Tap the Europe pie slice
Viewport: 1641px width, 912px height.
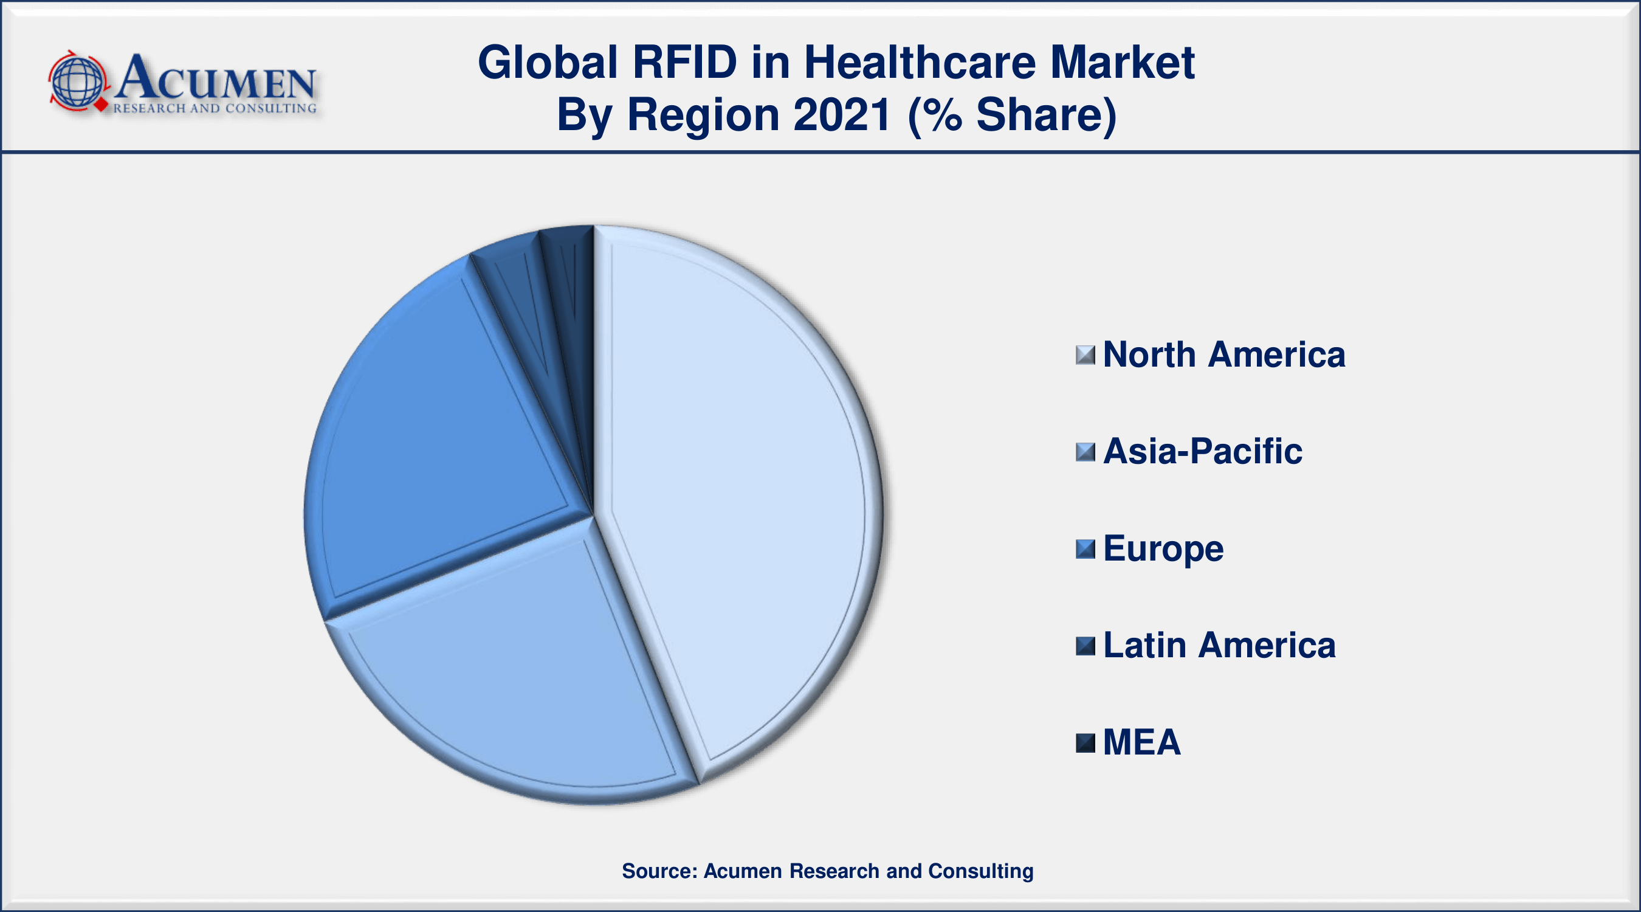(x=439, y=440)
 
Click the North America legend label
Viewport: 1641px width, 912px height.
(x=1223, y=354)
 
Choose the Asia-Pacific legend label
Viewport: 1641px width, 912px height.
(x=1202, y=451)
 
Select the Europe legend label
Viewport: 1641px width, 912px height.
(x=1163, y=549)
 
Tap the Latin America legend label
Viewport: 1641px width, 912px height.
(x=1219, y=645)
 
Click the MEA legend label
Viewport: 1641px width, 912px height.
(x=1141, y=742)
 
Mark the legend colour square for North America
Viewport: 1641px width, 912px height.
(x=1085, y=355)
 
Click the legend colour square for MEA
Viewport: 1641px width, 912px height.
(x=1085, y=743)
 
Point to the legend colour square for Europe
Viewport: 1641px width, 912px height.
(x=1085, y=549)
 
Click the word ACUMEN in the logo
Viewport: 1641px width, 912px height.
(x=215, y=78)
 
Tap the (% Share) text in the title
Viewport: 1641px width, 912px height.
(x=1012, y=116)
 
